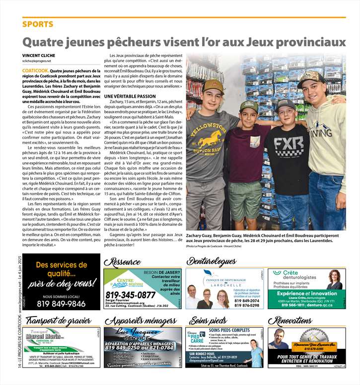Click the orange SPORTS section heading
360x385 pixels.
(x=38, y=24)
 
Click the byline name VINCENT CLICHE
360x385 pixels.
(x=40, y=55)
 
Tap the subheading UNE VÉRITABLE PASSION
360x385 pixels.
(x=130, y=95)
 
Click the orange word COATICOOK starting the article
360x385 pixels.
(x=35, y=71)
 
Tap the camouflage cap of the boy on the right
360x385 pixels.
(x=311, y=77)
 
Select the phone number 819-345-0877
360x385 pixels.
(x=131, y=295)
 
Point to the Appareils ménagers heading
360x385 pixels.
(x=141, y=320)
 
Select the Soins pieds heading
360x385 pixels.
(x=208, y=320)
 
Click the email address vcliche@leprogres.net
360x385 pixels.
(x=37, y=61)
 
